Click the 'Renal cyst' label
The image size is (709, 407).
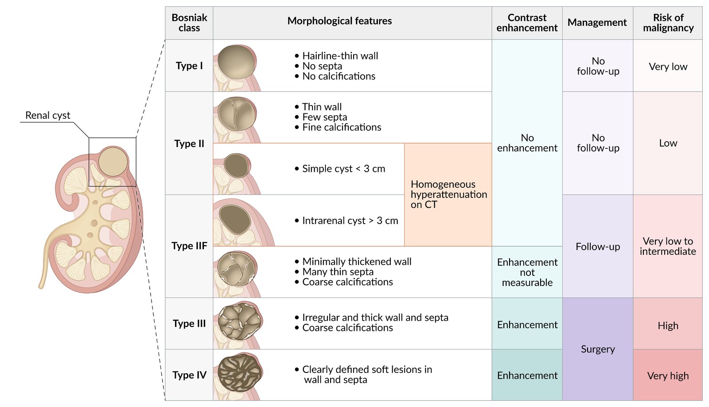[x=47, y=116]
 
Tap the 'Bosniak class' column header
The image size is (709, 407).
[x=189, y=23]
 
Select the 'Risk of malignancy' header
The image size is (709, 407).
[x=668, y=23]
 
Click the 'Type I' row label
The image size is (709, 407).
[x=189, y=66]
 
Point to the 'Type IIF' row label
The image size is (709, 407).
[x=189, y=246]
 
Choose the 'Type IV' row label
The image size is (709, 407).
[x=189, y=375]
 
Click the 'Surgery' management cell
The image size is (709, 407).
[x=598, y=349]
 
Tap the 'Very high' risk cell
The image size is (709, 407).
[x=668, y=376]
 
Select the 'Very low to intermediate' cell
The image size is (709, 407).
[x=668, y=246]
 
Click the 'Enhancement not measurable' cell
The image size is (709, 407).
[x=527, y=272]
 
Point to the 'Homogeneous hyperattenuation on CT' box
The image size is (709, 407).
[x=448, y=194]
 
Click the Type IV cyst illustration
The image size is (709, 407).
[x=240, y=373]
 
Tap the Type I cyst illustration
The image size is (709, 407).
[x=237, y=62]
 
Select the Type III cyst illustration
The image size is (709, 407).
[x=240, y=322]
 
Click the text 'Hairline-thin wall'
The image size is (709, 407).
[x=340, y=56]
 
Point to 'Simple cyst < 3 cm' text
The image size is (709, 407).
[x=343, y=169]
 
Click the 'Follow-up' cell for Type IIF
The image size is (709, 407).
[x=598, y=246]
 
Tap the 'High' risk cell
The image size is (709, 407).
[x=668, y=326]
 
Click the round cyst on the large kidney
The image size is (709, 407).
[x=113, y=162]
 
